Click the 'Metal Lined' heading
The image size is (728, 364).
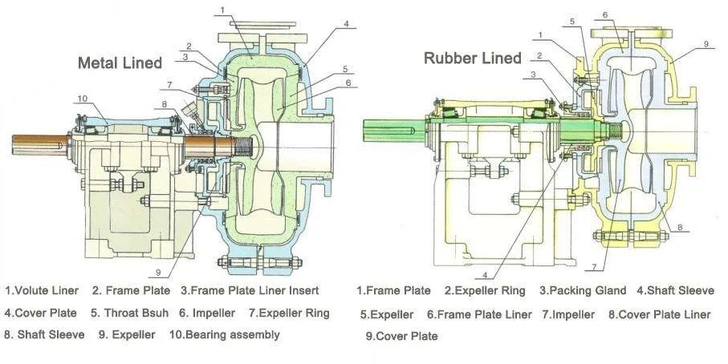tap(120, 63)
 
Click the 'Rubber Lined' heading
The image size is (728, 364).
tap(472, 58)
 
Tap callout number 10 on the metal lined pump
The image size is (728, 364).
tap(83, 99)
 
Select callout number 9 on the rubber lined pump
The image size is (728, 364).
tap(706, 45)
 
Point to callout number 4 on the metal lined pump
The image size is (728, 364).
tap(346, 24)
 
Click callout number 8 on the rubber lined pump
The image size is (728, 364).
tap(680, 227)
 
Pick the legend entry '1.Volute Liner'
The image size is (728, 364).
tap(40, 290)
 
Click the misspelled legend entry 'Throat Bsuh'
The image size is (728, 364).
tap(128, 313)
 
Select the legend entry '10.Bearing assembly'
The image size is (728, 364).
tap(225, 334)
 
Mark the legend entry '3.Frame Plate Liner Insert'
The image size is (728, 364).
tap(250, 290)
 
